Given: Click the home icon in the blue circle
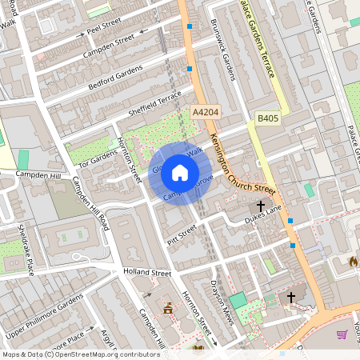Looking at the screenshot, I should [180, 172].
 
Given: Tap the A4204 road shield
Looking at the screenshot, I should [206, 115].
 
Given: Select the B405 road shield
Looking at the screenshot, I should [268, 118].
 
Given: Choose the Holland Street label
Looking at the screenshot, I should [147, 273].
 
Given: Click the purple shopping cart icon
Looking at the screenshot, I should [342, 334].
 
